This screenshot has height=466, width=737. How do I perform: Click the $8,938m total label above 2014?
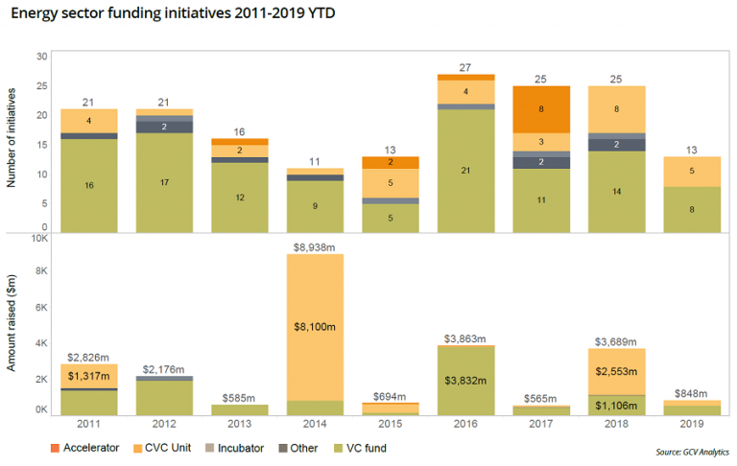[314, 246]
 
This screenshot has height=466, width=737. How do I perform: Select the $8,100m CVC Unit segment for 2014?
[314, 326]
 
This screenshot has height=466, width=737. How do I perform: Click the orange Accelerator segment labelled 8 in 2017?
[540, 109]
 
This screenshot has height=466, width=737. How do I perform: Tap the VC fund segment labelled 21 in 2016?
[464, 170]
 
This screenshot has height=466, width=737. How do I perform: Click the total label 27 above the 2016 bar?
[464, 67]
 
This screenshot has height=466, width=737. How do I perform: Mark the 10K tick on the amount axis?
[39, 239]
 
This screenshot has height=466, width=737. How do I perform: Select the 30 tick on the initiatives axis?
[42, 56]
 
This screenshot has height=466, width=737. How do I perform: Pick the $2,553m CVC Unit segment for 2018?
[616, 370]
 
